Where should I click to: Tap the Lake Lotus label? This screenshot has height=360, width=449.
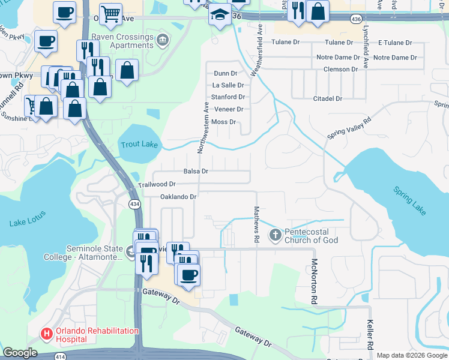point(27,224)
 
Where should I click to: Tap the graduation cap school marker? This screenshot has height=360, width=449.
point(220,15)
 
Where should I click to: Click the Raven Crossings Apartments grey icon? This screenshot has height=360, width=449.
point(162,40)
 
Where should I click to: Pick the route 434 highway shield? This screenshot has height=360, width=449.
point(134,205)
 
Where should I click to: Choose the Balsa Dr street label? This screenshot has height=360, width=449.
point(196,171)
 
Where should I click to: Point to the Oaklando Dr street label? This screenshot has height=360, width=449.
point(178,197)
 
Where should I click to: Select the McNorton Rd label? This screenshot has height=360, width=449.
point(313,280)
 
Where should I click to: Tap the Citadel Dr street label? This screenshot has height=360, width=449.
point(328,98)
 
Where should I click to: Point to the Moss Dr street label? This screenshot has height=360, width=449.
point(224,122)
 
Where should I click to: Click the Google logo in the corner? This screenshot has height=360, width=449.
point(20,353)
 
